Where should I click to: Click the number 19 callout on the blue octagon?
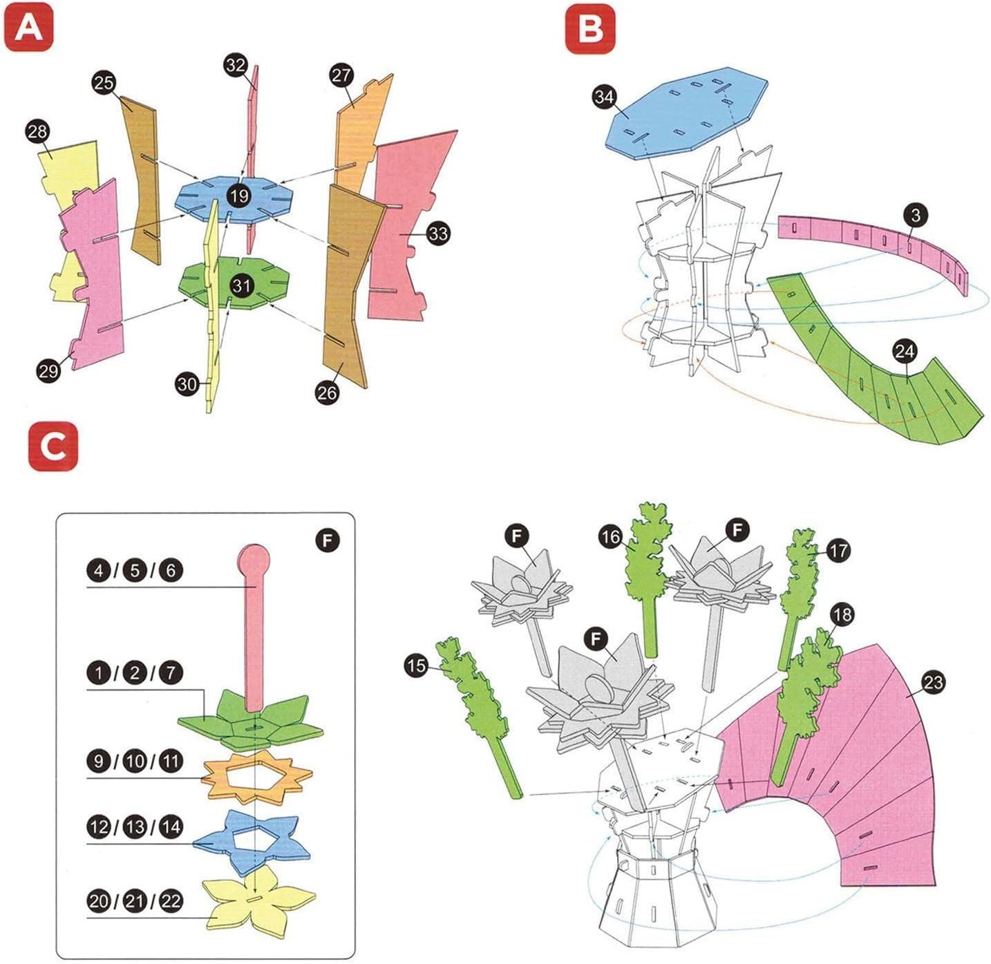(239, 196)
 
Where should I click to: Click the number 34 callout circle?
(605, 97)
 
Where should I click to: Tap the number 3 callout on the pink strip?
(915, 215)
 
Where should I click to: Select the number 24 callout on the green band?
(905, 352)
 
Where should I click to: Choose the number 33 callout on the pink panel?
(437, 234)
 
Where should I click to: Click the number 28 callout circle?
(38, 131)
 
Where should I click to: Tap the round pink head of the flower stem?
(253, 560)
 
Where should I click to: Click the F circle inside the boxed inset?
(328, 540)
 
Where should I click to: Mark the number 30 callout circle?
(187, 384)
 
